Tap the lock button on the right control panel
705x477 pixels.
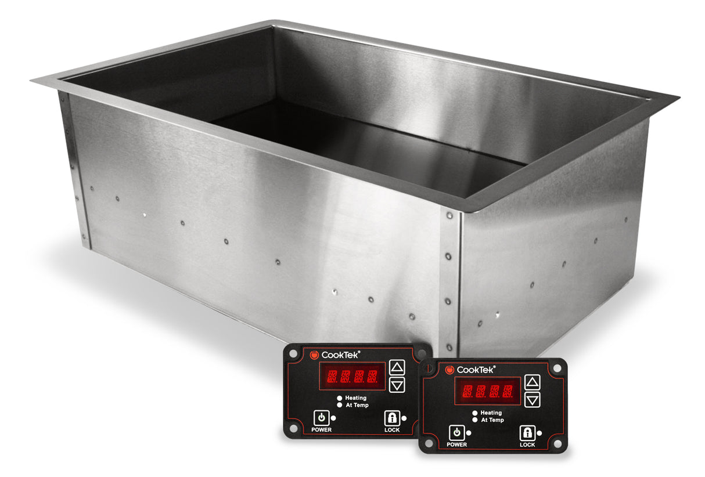[x=527, y=432]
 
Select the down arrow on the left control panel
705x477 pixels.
[x=397, y=384]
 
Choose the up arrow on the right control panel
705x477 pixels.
[x=533, y=382]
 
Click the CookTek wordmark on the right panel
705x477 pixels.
[x=477, y=370]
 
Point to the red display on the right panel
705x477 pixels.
[x=487, y=391]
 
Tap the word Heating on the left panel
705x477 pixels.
[x=355, y=398]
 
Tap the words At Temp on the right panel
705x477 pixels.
[x=492, y=420]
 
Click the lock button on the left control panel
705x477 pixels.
[x=392, y=417]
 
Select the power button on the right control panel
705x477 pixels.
[x=457, y=432]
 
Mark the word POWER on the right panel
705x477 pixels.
[x=457, y=445]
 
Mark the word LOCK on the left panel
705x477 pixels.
[x=392, y=430]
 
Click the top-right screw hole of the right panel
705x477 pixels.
[x=556, y=368]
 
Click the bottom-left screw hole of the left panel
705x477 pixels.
[x=294, y=428]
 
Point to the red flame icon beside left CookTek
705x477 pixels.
[x=314, y=355]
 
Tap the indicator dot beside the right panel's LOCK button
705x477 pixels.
[x=539, y=433]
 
